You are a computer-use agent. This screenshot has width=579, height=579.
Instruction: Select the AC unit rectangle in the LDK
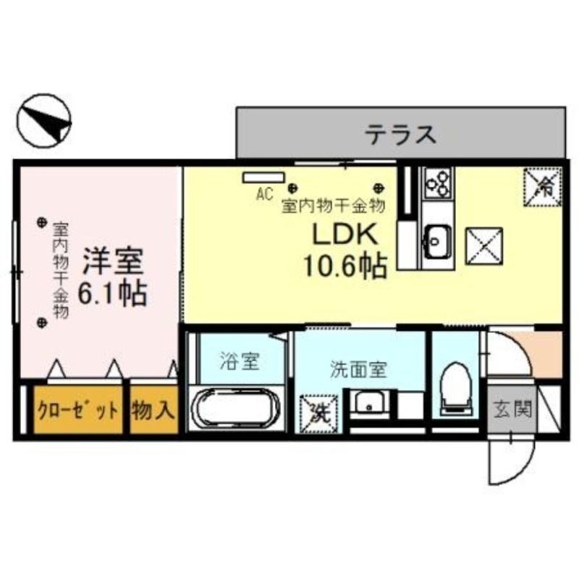(263, 177)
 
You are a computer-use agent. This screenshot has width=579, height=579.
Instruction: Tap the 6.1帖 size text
(112, 293)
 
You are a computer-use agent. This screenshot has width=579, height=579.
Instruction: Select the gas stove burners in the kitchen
(437, 183)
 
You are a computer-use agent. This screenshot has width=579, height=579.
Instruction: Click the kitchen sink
(437, 236)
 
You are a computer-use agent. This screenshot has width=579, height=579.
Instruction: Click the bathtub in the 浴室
(233, 409)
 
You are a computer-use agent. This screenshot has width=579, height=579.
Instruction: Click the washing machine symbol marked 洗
(317, 412)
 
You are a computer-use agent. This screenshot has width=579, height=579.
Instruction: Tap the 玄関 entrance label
(512, 410)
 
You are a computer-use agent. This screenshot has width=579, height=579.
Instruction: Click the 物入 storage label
(153, 411)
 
